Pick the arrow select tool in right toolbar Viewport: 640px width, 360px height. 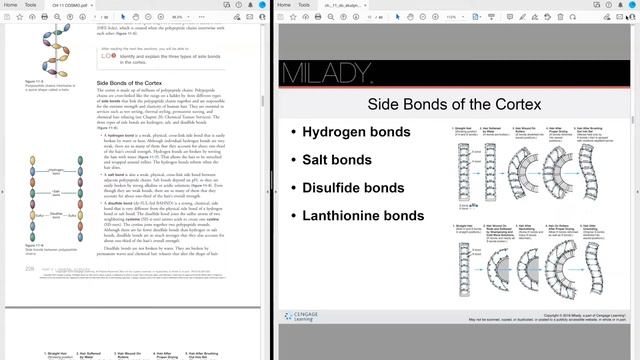point(404,17)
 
